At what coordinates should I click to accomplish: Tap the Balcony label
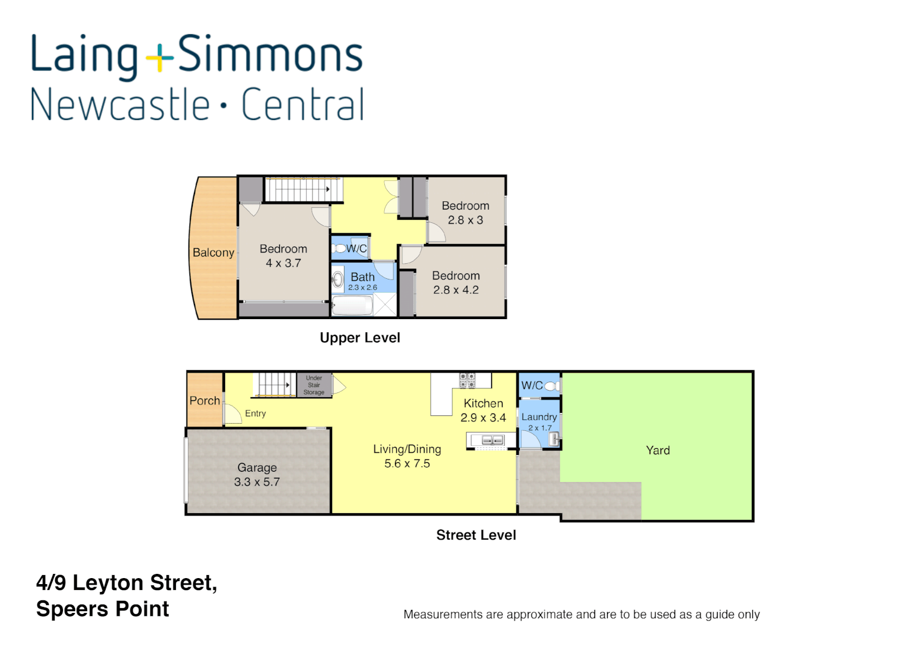[x=213, y=252]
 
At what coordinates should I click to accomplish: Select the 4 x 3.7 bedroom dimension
[x=283, y=263]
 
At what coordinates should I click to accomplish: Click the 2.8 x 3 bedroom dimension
[x=465, y=221]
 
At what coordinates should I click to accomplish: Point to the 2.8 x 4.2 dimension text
[x=456, y=290]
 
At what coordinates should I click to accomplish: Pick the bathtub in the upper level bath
[x=352, y=306]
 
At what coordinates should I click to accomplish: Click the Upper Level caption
[x=360, y=338]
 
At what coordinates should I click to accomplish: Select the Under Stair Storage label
[x=314, y=385]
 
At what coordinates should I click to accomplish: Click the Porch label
[x=205, y=401]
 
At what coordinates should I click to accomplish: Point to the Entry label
[x=255, y=413]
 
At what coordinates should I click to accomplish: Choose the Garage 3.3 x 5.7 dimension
[x=257, y=482]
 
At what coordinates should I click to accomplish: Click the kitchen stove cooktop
[x=467, y=380]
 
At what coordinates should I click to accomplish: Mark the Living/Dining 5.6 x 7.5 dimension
[x=407, y=464]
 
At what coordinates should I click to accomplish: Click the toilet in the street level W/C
[x=553, y=386]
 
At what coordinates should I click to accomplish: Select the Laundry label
[x=539, y=417]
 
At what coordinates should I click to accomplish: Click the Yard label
[x=657, y=451]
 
